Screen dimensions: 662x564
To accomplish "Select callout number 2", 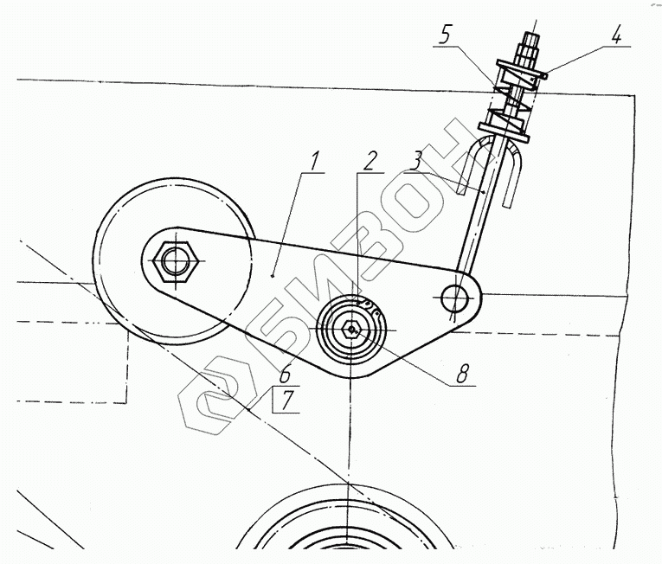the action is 370,160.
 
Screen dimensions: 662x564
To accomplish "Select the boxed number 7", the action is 285,401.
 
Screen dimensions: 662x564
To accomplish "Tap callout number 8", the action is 462,374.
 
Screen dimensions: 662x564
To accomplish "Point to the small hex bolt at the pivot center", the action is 350,330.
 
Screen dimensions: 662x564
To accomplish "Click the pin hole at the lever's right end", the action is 453,298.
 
